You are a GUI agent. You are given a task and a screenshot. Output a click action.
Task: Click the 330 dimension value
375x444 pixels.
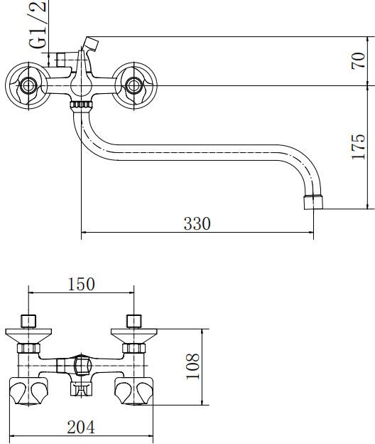point(197,223)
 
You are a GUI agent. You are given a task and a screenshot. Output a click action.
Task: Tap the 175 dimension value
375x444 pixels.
point(358,147)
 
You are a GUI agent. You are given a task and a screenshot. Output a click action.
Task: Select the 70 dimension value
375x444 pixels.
point(358,60)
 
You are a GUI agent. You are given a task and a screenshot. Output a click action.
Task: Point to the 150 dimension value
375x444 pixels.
point(81,284)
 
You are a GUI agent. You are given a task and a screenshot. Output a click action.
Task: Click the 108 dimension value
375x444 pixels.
point(192,366)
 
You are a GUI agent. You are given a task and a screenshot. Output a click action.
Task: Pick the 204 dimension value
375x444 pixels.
point(81,427)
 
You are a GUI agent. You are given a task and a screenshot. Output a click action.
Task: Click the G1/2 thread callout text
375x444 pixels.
point(38,24)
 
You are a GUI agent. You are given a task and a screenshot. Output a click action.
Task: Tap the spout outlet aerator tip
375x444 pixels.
point(313,202)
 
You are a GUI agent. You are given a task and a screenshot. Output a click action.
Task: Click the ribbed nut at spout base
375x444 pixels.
point(81,105)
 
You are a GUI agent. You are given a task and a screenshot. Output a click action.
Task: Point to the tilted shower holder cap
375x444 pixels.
point(91,44)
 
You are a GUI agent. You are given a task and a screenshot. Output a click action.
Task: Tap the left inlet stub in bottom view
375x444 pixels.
point(29,321)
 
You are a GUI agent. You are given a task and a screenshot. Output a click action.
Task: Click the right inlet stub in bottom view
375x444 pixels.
point(134,321)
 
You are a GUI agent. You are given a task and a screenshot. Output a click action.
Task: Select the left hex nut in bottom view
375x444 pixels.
point(28,348)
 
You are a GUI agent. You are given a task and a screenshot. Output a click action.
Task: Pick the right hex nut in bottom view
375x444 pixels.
point(134,348)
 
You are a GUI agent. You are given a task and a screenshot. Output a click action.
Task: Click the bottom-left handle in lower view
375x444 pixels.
point(28,391)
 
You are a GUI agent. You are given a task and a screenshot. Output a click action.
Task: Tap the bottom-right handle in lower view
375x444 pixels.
point(134,391)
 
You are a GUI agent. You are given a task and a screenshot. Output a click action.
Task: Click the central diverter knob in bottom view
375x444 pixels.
point(82,366)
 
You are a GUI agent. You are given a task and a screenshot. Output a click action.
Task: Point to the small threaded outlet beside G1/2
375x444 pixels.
point(61,59)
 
